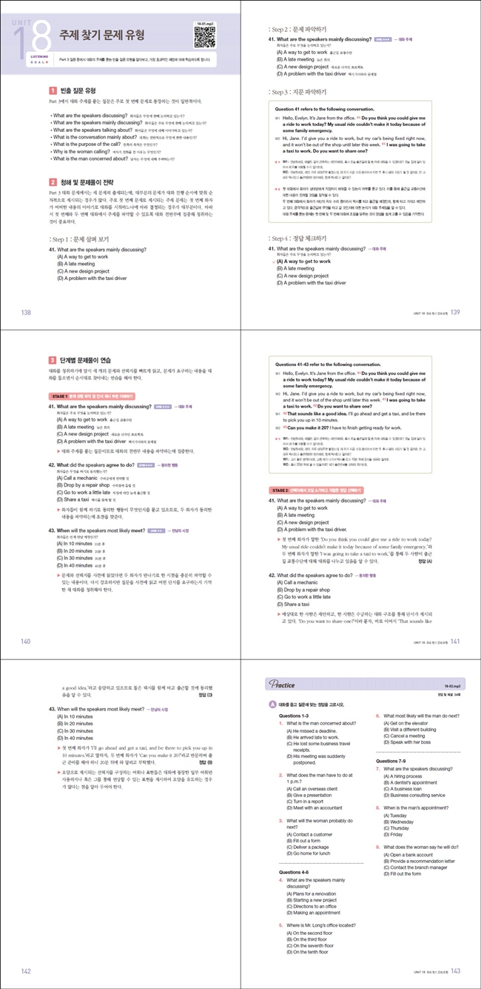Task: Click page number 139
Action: (x=456, y=313)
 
